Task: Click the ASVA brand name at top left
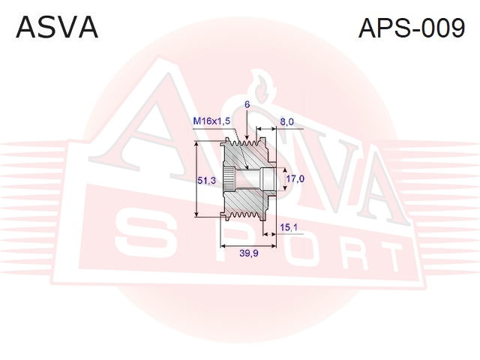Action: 57,28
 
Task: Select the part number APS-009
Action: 412,28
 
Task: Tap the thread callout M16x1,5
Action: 211,121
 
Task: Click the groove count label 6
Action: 247,105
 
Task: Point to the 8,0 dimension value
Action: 286,121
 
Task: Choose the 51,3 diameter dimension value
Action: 206,181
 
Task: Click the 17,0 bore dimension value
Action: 295,178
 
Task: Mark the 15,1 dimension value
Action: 289,227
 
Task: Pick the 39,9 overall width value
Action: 249,253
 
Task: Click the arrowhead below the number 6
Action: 247,138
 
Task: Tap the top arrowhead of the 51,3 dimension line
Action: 196,144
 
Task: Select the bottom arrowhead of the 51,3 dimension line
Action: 196,214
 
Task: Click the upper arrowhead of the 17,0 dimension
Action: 285,171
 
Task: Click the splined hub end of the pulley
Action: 229,179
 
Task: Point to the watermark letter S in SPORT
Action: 143,232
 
